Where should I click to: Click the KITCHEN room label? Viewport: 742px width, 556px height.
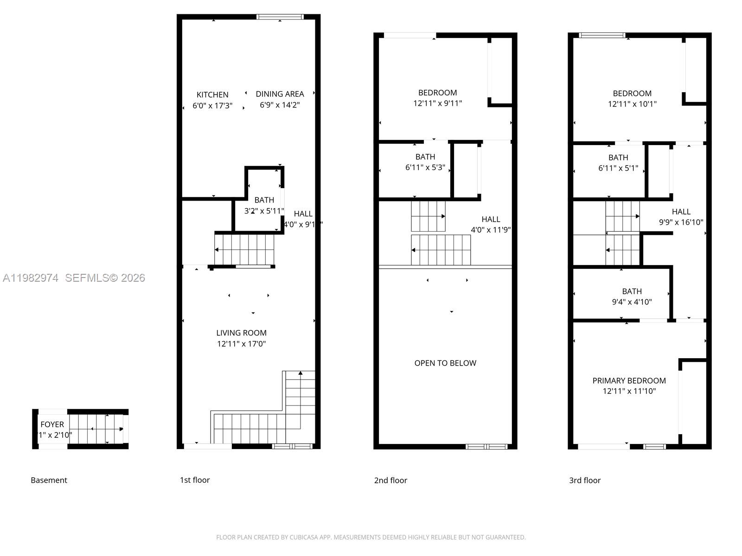coord(212,95)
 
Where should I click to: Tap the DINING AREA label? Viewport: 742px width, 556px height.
coord(280,94)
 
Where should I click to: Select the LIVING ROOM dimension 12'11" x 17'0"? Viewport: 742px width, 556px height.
coord(241,344)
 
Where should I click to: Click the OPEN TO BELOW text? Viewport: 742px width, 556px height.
coord(445,363)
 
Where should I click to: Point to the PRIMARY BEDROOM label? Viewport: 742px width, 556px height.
coord(629,380)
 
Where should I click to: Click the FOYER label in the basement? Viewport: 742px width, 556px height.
coord(52,424)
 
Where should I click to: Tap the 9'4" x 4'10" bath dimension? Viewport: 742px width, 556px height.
coord(632,302)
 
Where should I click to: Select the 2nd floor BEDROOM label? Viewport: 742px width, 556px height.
coord(437,93)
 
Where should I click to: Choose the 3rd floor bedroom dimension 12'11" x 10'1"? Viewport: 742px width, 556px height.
coord(632,104)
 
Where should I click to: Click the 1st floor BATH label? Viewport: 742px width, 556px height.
coord(264,200)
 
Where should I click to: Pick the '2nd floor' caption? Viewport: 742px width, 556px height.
coord(390,480)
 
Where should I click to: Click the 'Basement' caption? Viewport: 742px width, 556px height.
coord(49,480)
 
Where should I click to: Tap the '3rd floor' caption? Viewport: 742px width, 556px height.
coord(584,480)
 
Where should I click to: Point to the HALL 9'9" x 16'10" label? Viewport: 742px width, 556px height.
coord(681,217)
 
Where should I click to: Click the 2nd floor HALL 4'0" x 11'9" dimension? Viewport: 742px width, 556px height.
coord(491,230)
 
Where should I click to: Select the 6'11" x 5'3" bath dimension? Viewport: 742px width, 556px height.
coord(425,168)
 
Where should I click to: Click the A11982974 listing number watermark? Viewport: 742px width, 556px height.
coord(31,278)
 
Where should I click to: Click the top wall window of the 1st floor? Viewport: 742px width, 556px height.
coord(280,17)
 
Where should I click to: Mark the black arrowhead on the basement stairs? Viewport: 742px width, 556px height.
coord(122,429)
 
